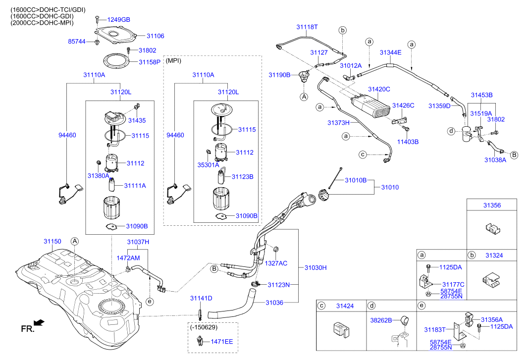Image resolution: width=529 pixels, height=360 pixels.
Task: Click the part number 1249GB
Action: tap(119, 20)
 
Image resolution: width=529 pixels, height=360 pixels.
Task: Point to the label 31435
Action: tap(137, 120)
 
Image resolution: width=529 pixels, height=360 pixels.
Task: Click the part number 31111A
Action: tap(135, 185)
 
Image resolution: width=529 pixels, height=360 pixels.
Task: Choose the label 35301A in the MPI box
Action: tap(209, 165)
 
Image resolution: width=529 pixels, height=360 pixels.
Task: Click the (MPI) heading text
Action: tap(173, 60)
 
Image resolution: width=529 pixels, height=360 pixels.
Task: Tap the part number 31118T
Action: tap(307, 27)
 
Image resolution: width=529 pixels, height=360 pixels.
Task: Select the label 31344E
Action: tap(390, 52)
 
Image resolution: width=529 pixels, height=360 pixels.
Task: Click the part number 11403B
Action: tap(408, 142)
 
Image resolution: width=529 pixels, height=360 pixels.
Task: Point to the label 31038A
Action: tap(495, 160)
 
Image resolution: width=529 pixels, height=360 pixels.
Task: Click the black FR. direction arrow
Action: tap(40, 322)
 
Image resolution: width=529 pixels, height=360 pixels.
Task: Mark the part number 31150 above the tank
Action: tap(52, 242)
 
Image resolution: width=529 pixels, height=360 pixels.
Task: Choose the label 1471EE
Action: tap(222, 342)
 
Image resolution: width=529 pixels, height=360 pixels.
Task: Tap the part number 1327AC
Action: tap(276, 263)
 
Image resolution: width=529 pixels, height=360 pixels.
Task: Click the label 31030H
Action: tap(315, 267)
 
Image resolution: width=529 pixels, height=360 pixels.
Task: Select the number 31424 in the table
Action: tap(344, 306)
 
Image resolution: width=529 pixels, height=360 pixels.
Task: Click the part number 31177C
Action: tap(453, 284)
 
